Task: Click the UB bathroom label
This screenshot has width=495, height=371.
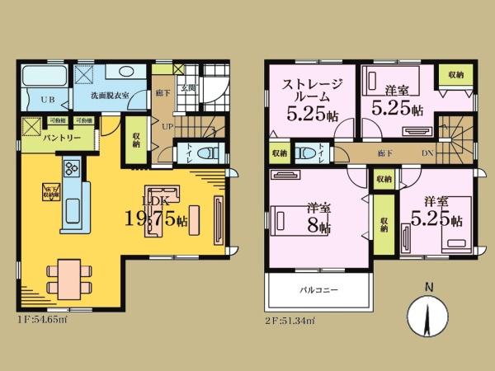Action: tap(47, 101)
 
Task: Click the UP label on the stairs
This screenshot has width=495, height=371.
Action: tap(167, 127)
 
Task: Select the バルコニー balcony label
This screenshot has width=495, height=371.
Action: tap(315, 290)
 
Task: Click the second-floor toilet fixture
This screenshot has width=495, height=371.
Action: tap(308, 152)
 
